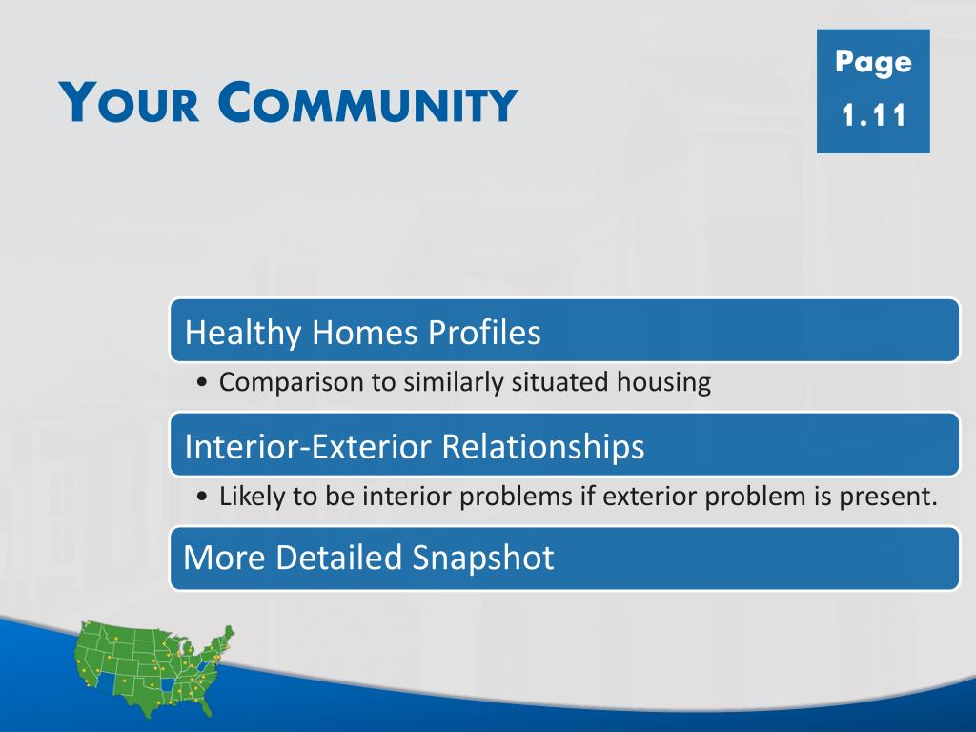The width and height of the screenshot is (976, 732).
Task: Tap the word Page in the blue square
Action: click(x=873, y=63)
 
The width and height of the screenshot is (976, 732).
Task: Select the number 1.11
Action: click(x=873, y=115)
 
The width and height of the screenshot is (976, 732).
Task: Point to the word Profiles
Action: click(x=483, y=332)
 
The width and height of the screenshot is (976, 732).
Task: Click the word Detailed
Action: click(x=338, y=557)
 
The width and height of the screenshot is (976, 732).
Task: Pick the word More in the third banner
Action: click(x=224, y=557)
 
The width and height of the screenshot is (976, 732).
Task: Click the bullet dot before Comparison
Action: click(x=201, y=383)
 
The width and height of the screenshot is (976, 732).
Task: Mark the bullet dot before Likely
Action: click(x=201, y=498)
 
